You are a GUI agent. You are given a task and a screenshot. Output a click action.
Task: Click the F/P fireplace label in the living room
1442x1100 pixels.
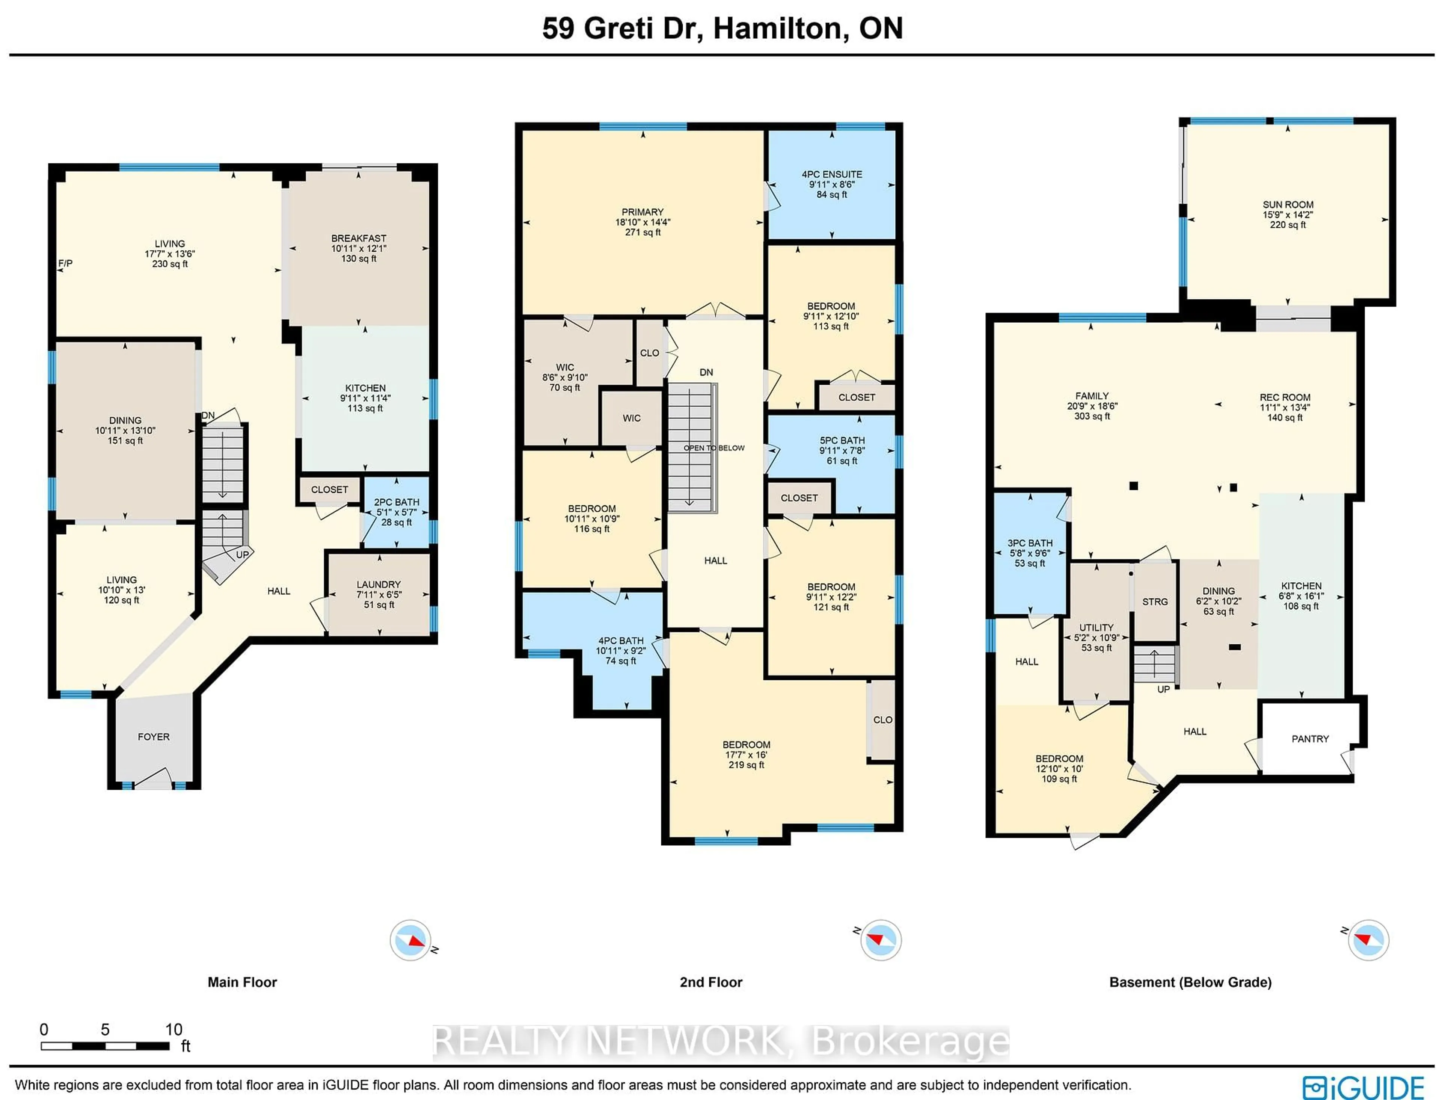pyautogui.click(x=65, y=263)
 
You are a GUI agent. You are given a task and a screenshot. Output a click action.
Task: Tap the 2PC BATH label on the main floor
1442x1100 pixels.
pyautogui.click(x=397, y=502)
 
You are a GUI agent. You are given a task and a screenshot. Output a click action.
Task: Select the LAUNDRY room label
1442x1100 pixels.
pyautogui.click(x=378, y=584)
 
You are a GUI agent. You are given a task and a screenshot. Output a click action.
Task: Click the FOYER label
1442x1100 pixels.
pyautogui.click(x=154, y=737)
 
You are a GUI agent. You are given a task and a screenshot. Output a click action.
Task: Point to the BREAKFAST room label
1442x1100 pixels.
pyautogui.click(x=359, y=238)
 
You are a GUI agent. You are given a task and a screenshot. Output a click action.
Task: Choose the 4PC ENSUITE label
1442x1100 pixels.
pyautogui.click(x=832, y=174)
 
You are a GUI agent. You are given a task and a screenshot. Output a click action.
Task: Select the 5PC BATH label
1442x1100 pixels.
pyautogui.click(x=842, y=441)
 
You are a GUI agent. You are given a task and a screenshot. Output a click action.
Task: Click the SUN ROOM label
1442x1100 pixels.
pyautogui.click(x=1288, y=204)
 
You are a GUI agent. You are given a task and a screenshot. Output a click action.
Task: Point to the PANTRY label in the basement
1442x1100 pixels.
pyautogui.click(x=1310, y=739)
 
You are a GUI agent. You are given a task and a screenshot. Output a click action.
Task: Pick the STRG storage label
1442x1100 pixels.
pyautogui.click(x=1155, y=602)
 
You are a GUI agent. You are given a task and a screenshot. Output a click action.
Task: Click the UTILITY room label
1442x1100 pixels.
pyautogui.click(x=1096, y=627)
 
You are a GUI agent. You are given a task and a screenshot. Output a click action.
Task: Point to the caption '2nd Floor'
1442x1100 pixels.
pyautogui.click(x=711, y=982)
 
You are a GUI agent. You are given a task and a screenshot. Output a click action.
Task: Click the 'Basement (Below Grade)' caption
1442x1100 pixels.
pyautogui.click(x=1190, y=982)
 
